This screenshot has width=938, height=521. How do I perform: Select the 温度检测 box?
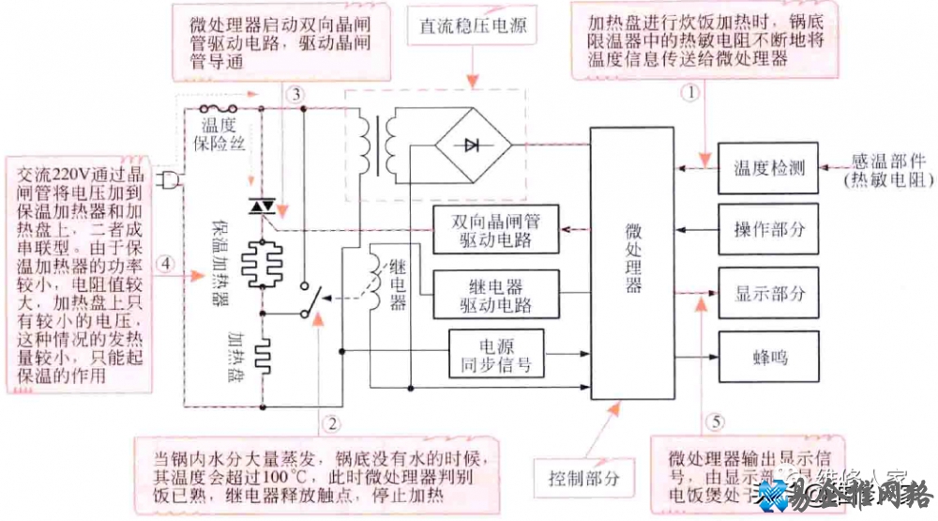click(x=768, y=169)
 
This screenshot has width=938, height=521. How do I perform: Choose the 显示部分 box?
click(x=768, y=293)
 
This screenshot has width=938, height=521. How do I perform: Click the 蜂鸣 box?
click(x=768, y=356)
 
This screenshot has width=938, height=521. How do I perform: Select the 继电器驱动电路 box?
click(x=494, y=294)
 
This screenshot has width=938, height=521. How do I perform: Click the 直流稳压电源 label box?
click(x=466, y=26)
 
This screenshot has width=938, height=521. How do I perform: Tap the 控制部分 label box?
click(x=583, y=479)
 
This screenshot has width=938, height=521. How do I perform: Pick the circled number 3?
click(x=295, y=94)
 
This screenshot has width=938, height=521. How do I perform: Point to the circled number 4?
click(x=165, y=265)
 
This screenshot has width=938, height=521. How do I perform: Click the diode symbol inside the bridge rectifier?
click(x=472, y=145)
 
